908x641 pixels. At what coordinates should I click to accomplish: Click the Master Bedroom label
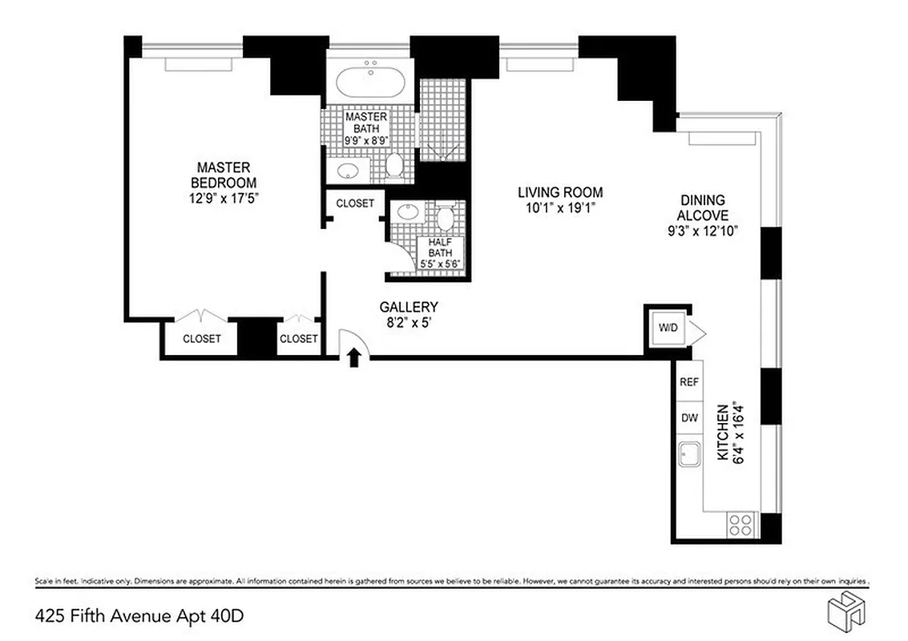pos(224,175)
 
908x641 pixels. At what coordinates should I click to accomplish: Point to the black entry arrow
pos(353,357)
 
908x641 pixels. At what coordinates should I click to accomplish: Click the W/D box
pos(667,328)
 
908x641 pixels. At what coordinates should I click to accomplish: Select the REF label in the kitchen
pos(688,382)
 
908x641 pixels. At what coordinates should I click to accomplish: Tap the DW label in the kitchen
pos(688,417)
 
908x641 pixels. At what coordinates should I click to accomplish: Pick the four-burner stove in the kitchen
pos(741,525)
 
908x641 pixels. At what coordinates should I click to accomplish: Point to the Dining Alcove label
pos(702,208)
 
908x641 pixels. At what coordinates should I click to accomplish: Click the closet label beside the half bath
pos(354,204)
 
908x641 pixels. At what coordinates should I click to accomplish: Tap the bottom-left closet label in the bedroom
pos(201,339)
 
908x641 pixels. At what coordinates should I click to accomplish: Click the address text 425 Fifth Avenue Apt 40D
pos(139,616)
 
